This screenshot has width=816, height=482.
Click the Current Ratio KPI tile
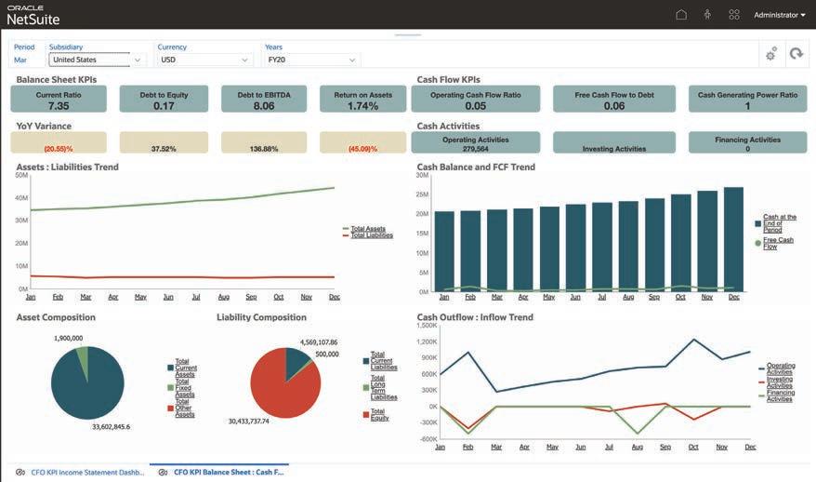click(x=59, y=100)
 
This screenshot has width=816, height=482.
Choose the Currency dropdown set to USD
click(x=204, y=60)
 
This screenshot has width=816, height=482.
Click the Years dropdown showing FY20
click(x=311, y=60)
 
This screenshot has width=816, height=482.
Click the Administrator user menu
click(x=779, y=15)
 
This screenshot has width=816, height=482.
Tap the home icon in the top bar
click(x=681, y=15)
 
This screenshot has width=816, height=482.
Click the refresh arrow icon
click(x=796, y=54)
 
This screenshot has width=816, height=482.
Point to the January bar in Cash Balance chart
click(x=444, y=250)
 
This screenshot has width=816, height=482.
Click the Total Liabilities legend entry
click(x=372, y=235)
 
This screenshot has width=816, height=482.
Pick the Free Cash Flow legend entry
click(x=778, y=244)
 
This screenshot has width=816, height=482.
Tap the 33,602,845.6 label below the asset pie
click(x=111, y=427)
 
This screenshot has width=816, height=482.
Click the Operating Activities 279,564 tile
click(x=475, y=143)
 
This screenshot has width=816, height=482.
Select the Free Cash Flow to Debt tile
click(x=613, y=100)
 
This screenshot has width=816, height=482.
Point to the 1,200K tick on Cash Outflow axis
click(x=426, y=342)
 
